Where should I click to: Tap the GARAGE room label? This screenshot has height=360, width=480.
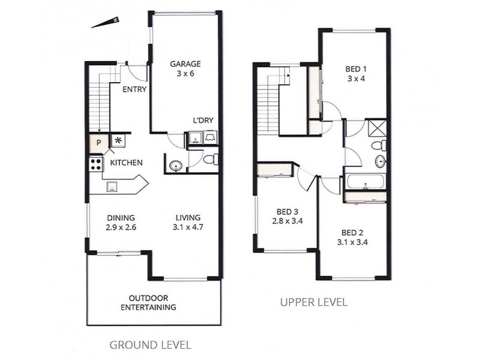pos(185,64)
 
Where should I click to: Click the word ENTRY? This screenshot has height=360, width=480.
pos(135,90)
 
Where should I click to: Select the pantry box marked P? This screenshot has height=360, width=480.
pos(98,142)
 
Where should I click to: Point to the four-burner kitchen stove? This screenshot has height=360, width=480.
pos(95,163)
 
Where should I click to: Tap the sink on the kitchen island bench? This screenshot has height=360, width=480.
pos(112,187)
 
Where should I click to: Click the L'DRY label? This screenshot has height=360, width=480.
pos(203,119)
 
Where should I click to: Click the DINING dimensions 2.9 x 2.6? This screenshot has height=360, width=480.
pos(121,228)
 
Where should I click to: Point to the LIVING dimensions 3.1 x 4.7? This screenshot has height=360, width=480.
pos(188,228)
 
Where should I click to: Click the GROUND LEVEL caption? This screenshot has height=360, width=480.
pos(150,345)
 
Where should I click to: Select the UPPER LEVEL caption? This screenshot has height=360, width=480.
pos(314,302)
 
